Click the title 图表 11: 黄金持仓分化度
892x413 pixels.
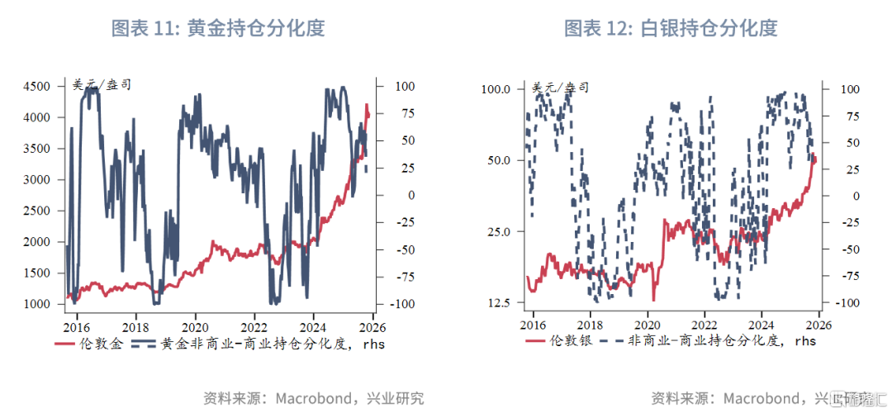click(218, 28)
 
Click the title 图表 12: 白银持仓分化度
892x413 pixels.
click(671, 28)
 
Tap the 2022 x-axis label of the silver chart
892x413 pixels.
click(705, 325)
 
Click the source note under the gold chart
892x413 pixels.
click(314, 398)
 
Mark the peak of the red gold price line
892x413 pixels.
click(367, 105)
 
